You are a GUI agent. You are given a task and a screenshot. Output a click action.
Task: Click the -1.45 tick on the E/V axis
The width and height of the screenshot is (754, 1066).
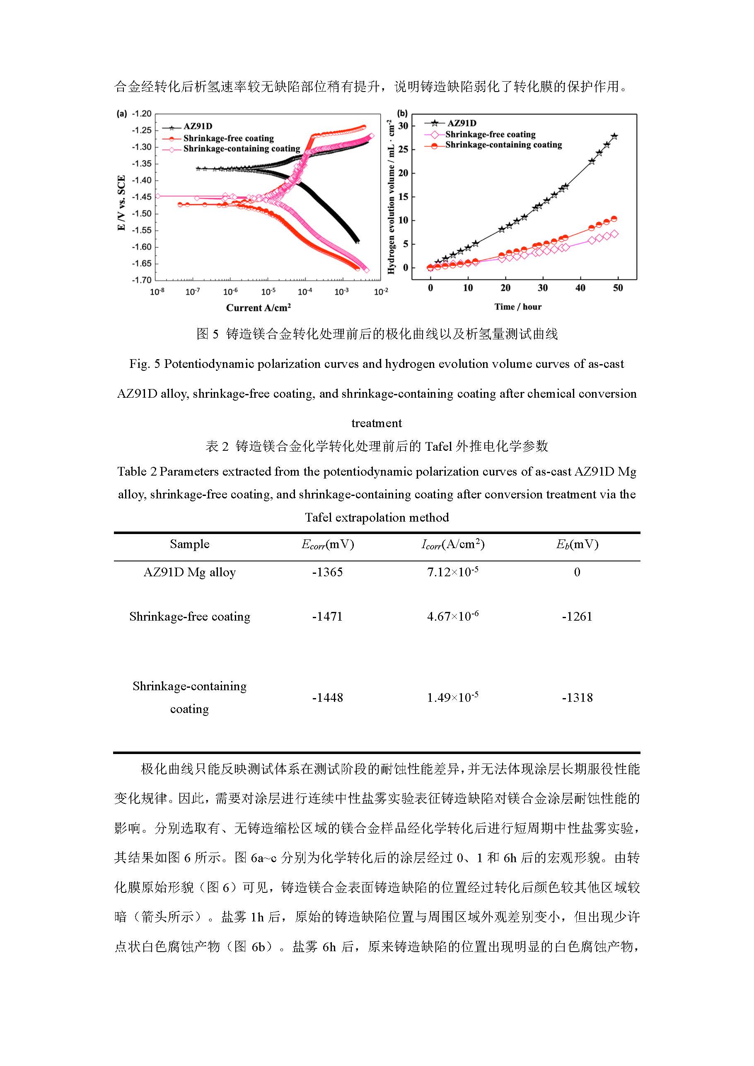pyautogui.click(x=142, y=197)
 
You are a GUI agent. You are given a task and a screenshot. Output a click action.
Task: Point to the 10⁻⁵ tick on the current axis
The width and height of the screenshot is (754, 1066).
pyautogui.click(x=268, y=292)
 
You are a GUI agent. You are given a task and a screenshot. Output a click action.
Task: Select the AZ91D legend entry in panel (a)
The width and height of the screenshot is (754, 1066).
pyautogui.click(x=197, y=126)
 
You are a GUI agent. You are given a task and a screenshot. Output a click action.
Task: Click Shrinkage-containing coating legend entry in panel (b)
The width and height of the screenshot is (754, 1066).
pyautogui.click(x=503, y=145)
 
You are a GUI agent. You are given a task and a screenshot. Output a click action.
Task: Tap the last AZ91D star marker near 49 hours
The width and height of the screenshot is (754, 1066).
pyautogui.click(x=614, y=136)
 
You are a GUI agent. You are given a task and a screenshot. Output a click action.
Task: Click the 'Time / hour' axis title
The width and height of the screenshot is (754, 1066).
pyautogui.click(x=518, y=307)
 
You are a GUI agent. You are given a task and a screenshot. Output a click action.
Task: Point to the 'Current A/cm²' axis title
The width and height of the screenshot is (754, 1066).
pyautogui.click(x=258, y=307)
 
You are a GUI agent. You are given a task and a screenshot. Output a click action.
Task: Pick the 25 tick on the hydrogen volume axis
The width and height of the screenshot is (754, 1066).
pyautogui.click(x=403, y=150)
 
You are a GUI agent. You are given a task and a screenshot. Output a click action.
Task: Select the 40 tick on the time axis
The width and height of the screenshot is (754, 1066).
pyautogui.click(x=580, y=288)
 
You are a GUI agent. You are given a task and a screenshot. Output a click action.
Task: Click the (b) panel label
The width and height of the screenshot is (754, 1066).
pyautogui.click(x=403, y=113)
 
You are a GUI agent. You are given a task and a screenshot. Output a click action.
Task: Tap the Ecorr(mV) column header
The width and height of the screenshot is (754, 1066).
pyautogui.click(x=327, y=544)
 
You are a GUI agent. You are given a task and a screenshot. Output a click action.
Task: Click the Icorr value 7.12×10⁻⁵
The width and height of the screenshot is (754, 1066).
pyautogui.click(x=453, y=572)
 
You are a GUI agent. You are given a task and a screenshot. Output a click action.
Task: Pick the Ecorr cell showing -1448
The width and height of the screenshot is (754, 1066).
pyautogui.click(x=327, y=697)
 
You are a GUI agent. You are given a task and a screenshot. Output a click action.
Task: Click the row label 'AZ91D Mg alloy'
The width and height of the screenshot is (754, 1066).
pyautogui.click(x=189, y=572)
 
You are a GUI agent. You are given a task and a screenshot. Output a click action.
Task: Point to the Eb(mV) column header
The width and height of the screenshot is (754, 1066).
pyautogui.click(x=577, y=544)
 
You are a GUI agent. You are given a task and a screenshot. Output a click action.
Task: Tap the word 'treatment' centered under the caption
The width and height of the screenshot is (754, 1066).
pyautogui.click(x=377, y=423)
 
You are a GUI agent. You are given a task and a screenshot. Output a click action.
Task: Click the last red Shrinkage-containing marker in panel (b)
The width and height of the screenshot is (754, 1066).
pyautogui.click(x=614, y=219)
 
